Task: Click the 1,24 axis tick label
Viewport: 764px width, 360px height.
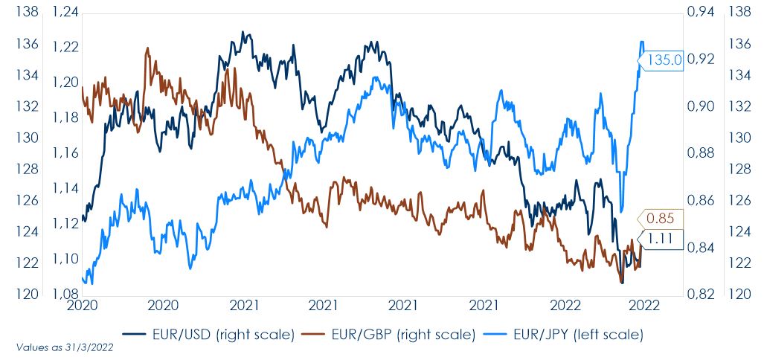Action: (65, 11)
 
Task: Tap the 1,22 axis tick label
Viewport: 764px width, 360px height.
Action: (65, 47)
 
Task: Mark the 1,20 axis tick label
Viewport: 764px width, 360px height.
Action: (65, 83)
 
